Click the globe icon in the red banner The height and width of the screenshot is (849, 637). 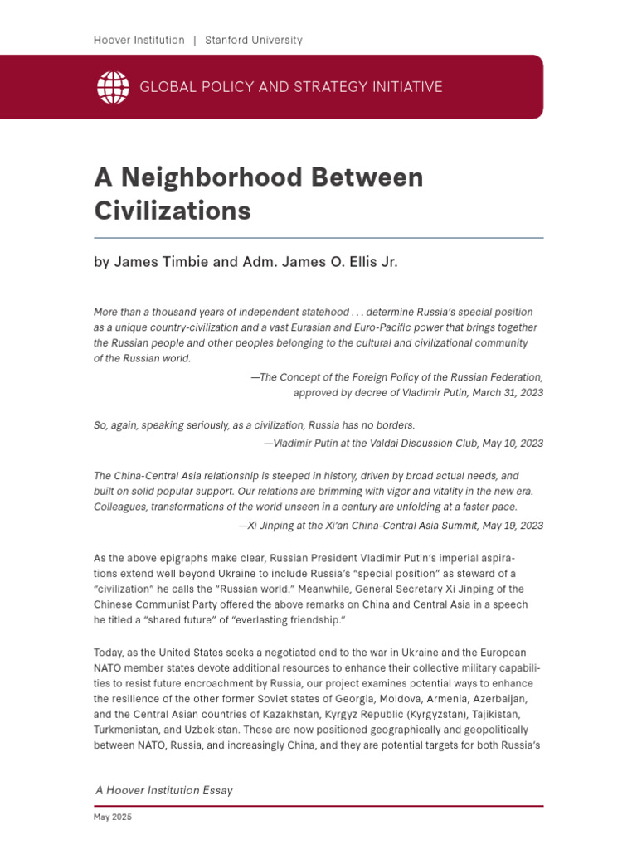click(x=114, y=87)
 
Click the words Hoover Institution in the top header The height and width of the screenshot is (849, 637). click(x=139, y=40)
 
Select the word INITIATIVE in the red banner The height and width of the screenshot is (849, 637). click(x=402, y=87)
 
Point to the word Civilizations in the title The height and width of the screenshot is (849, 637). click(x=173, y=211)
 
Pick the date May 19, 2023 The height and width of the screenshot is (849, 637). click(x=512, y=525)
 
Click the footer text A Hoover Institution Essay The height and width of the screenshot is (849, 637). click(x=164, y=790)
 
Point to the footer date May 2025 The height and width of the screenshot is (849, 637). click(x=112, y=817)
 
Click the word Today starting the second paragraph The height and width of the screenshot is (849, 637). click(x=109, y=653)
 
